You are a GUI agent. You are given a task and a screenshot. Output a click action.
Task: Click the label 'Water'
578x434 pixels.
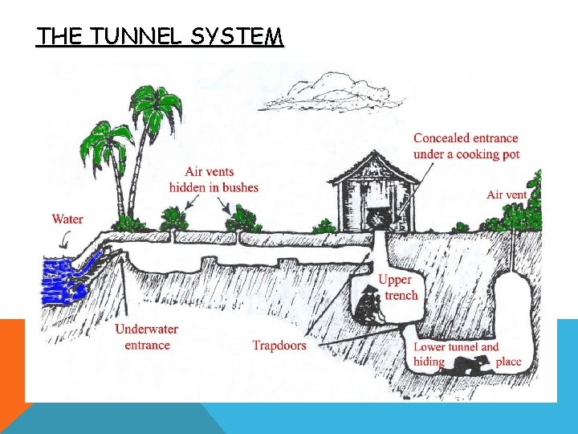click(x=67, y=219)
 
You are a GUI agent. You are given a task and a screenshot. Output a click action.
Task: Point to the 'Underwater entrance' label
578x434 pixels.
click(x=147, y=337)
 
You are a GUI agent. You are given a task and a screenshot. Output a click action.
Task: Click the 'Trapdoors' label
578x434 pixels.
click(x=279, y=346)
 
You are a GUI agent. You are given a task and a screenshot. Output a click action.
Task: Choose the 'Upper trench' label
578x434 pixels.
click(x=397, y=287)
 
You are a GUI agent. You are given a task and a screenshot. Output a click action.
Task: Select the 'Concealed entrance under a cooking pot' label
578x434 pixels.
click(x=466, y=145)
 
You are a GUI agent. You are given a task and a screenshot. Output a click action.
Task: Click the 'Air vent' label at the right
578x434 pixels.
click(x=507, y=194)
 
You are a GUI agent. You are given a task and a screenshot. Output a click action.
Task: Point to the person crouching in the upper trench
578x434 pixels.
click(x=369, y=306)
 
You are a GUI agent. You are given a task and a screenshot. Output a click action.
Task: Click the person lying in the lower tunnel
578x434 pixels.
click(x=470, y=366)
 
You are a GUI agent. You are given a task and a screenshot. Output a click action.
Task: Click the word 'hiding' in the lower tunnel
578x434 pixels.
click(x=429, y=362)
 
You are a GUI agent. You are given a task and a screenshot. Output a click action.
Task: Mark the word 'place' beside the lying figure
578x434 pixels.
click(x=508, y=362)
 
